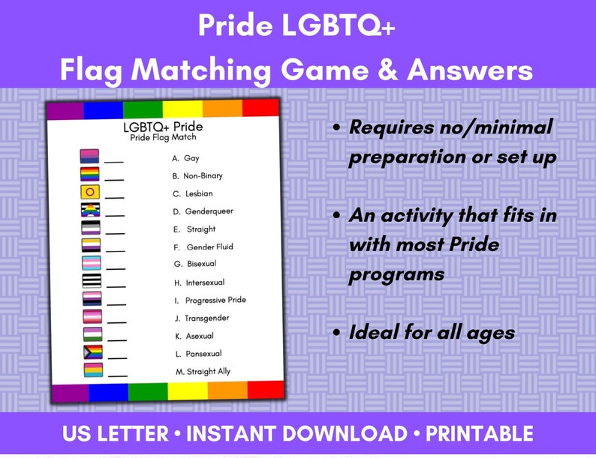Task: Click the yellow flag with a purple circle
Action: (x=90, y=192)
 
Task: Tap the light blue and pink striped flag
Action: (x=90, y=262)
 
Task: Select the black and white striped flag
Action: (x=90, y=280)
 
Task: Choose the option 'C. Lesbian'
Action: (x=193, y=193)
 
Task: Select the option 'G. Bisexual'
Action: (x=195, y=264)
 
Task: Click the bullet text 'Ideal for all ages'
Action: (x=432, y=331)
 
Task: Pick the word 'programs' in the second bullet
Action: (x=396, y=274)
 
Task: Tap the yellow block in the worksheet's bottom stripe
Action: (x=188, y=391)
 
